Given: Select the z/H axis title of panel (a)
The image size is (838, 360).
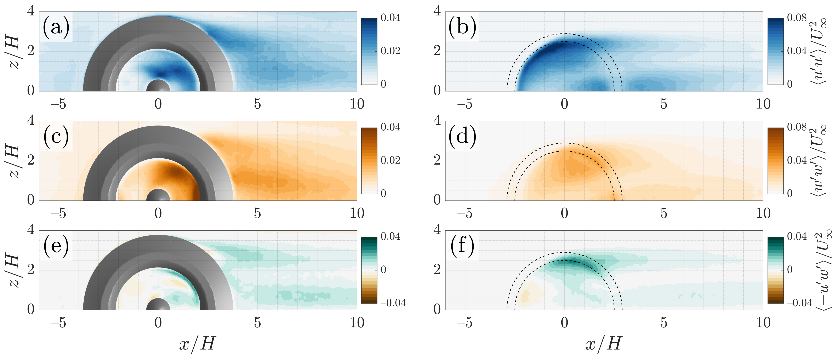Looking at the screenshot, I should coord(14,52).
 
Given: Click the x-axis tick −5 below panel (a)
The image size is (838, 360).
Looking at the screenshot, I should coord(59,104).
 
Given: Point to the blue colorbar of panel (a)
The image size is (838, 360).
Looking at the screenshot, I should coord(369,51).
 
